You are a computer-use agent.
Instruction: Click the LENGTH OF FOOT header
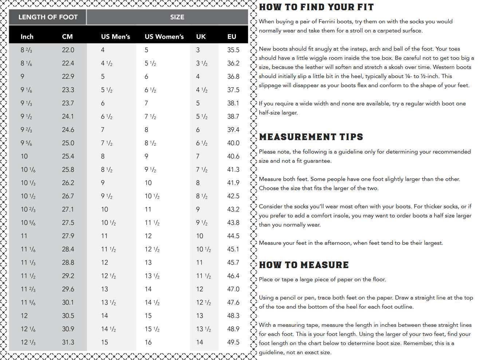tap(48, 17)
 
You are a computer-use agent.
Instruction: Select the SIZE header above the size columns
tap(177, 17)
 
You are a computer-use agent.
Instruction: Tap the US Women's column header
tap(164, 36)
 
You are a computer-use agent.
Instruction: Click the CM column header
tap(67, 36)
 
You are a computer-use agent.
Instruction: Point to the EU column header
tap(232, 36)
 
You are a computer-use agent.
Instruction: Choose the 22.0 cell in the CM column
tap(68, 50)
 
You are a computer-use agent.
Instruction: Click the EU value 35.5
tap(233, 50)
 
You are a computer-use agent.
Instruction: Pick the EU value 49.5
tap(233, 342)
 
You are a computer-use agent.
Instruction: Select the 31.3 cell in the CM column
tap(68, 342)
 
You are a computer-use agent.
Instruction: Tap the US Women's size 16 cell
tap(148, 342)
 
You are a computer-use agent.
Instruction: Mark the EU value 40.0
tap(233, 143)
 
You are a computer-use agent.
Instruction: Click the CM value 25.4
tap(68, 156)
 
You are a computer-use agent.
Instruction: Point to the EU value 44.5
tap(233, 236)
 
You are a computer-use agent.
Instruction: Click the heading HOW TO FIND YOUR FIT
tap(316, 7)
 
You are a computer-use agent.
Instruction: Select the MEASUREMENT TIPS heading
tap(311, 137)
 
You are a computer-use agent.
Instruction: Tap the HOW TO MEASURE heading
tap(304, 265)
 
